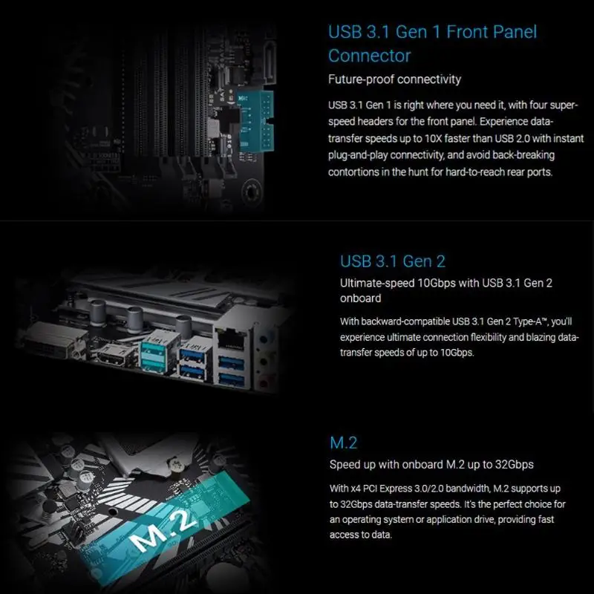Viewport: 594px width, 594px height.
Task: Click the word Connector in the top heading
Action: point(369,56)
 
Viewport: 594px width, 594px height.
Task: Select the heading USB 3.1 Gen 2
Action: point(393,261)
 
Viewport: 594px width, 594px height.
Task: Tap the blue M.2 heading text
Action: point(343,443)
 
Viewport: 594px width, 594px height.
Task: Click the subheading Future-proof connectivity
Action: point(394,79)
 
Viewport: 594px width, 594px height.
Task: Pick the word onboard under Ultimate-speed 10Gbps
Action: point(360,298)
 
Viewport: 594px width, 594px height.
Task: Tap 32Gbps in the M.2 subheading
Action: point(515,465)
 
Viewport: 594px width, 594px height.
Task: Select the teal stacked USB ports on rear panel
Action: point(154,357)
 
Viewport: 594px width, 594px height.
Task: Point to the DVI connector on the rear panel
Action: point(53,341)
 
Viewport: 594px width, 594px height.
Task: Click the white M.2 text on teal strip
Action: point(163,529)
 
